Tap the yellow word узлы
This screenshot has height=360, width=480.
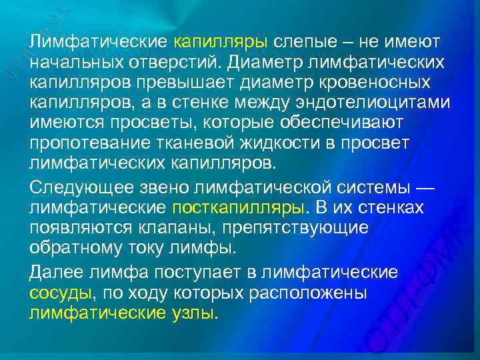(x=194, y=313)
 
